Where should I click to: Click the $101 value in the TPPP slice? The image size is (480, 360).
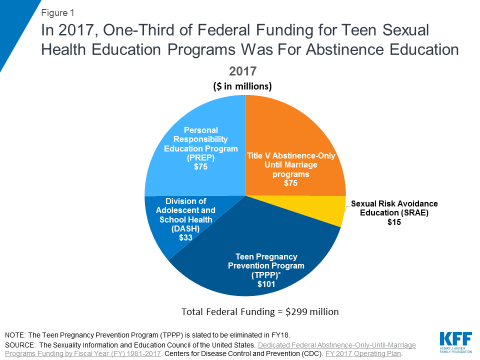click(x=266, y=284)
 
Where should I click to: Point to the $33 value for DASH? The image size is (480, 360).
click(x=186, y=238)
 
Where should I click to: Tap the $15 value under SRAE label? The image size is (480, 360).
click(x=394, y=222)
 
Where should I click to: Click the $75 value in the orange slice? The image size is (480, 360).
click(x=291, y=183)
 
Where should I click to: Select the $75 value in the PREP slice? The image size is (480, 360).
click(x=200, y=166)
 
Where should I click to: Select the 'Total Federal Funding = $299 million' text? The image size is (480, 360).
click(x=260, y=312)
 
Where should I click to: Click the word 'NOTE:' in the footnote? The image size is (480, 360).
click(x=15, y=335)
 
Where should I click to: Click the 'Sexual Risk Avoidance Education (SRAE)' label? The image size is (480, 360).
click(x=394, y=208)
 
